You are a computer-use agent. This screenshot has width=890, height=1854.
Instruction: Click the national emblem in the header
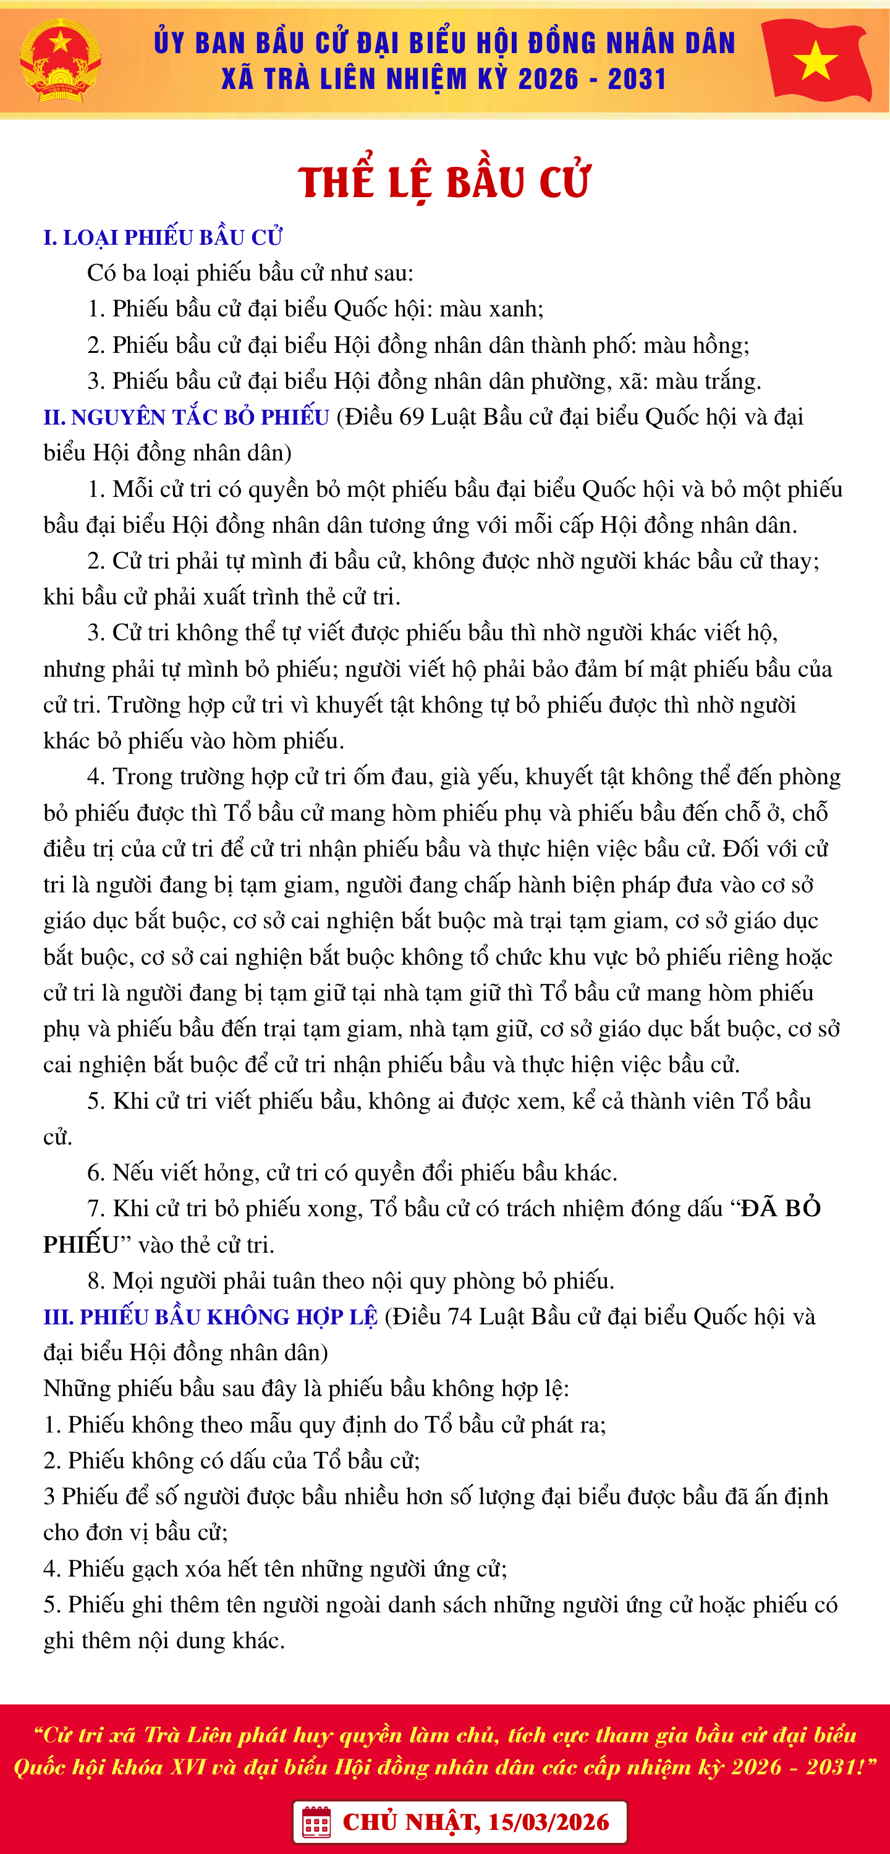(x=60, y=61)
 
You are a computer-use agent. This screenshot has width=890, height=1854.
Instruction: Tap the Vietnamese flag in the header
(x=816, y=59)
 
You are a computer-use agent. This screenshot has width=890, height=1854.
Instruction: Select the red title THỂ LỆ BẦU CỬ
(x=444, y=180)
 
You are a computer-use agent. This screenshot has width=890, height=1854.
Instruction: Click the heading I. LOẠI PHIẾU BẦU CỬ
(x=163, y=237)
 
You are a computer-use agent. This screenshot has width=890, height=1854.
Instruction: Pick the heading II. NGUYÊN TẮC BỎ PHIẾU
(x=186, y=417)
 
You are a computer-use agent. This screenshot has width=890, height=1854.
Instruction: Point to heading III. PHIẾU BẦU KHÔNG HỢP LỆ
(x=210, y=1317)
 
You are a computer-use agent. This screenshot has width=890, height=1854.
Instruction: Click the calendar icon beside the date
(x=316, y=1822)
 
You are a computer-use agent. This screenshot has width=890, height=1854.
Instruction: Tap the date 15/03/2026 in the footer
(x=549, y=1822)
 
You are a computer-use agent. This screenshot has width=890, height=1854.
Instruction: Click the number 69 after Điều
(x=411, y=417)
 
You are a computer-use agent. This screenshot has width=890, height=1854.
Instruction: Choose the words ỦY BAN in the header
(x=195, y=43)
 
